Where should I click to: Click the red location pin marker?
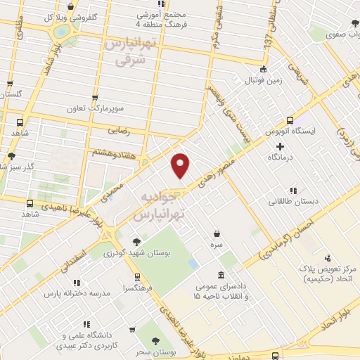tap(181, 165)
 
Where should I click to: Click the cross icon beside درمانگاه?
tap(280, 146)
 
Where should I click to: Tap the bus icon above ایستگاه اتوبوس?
tap(290, 120)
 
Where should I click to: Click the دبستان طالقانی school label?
tap(294, 201)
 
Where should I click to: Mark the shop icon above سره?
tap(217, 233)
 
